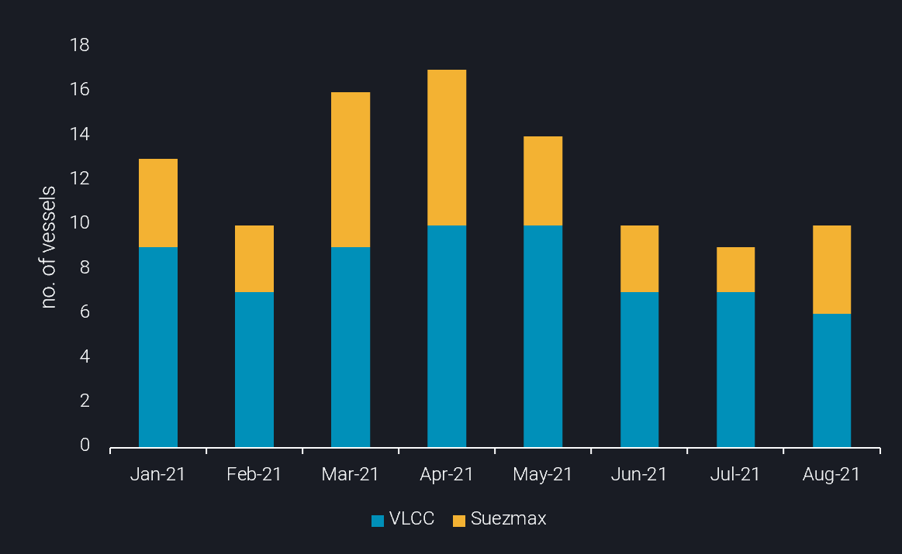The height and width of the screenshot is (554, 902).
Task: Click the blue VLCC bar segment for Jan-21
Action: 158,347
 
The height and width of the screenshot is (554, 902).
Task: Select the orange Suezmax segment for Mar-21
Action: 351,170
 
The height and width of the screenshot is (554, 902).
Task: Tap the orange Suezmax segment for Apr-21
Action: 447,147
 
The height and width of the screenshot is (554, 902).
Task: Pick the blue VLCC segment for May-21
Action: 543,336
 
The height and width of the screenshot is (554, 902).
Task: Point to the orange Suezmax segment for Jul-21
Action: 735,270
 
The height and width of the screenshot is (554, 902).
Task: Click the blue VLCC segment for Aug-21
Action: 831,380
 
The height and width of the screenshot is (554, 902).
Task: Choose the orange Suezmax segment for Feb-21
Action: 254,259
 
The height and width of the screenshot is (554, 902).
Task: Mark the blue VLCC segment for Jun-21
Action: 639,370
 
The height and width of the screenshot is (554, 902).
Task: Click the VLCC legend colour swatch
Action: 378,520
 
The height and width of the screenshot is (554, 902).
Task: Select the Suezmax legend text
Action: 508,519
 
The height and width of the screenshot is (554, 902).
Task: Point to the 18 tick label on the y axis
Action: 80,46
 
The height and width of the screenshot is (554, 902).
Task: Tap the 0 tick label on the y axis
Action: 85,446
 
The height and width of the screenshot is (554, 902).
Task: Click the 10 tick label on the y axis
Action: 80,223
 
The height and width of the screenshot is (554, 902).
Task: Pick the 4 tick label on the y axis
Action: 85,356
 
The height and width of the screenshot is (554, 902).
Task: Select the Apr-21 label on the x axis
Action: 447,474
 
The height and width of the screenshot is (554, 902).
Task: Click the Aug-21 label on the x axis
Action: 831,474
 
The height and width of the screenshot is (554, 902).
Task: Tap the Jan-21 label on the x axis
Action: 158,474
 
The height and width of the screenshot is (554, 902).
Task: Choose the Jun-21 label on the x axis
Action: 639,474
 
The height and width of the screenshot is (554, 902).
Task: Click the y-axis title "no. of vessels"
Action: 49,246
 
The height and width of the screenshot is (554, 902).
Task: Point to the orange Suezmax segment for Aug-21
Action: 831,270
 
